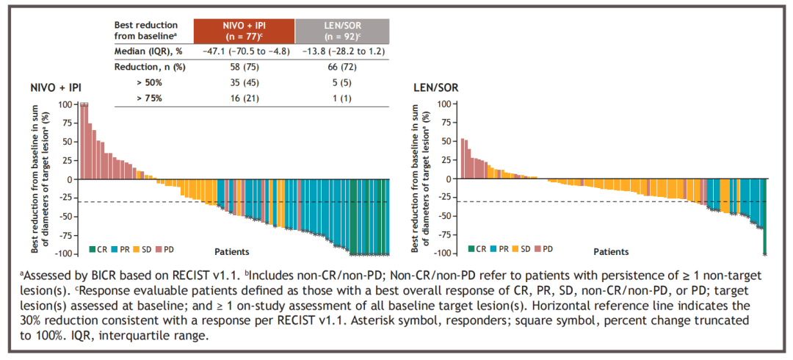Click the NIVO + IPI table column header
click(x=244, y=30)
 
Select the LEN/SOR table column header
click(x=342, y=30)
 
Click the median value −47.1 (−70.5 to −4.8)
click(x=244, y=51)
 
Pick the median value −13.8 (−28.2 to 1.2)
click(x=342, y=51)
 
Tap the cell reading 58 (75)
click(x=244, y=67)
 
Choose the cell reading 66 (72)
click(x=342, y=67)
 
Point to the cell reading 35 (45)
click(x=244, y=82)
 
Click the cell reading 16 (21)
click(x=244, y=98)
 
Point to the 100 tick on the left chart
click(x=65, y=104)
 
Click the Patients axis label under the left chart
click(x=231, y=251)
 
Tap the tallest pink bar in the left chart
click(x=84, y=141)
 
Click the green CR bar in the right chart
click(x=764, y=240)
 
